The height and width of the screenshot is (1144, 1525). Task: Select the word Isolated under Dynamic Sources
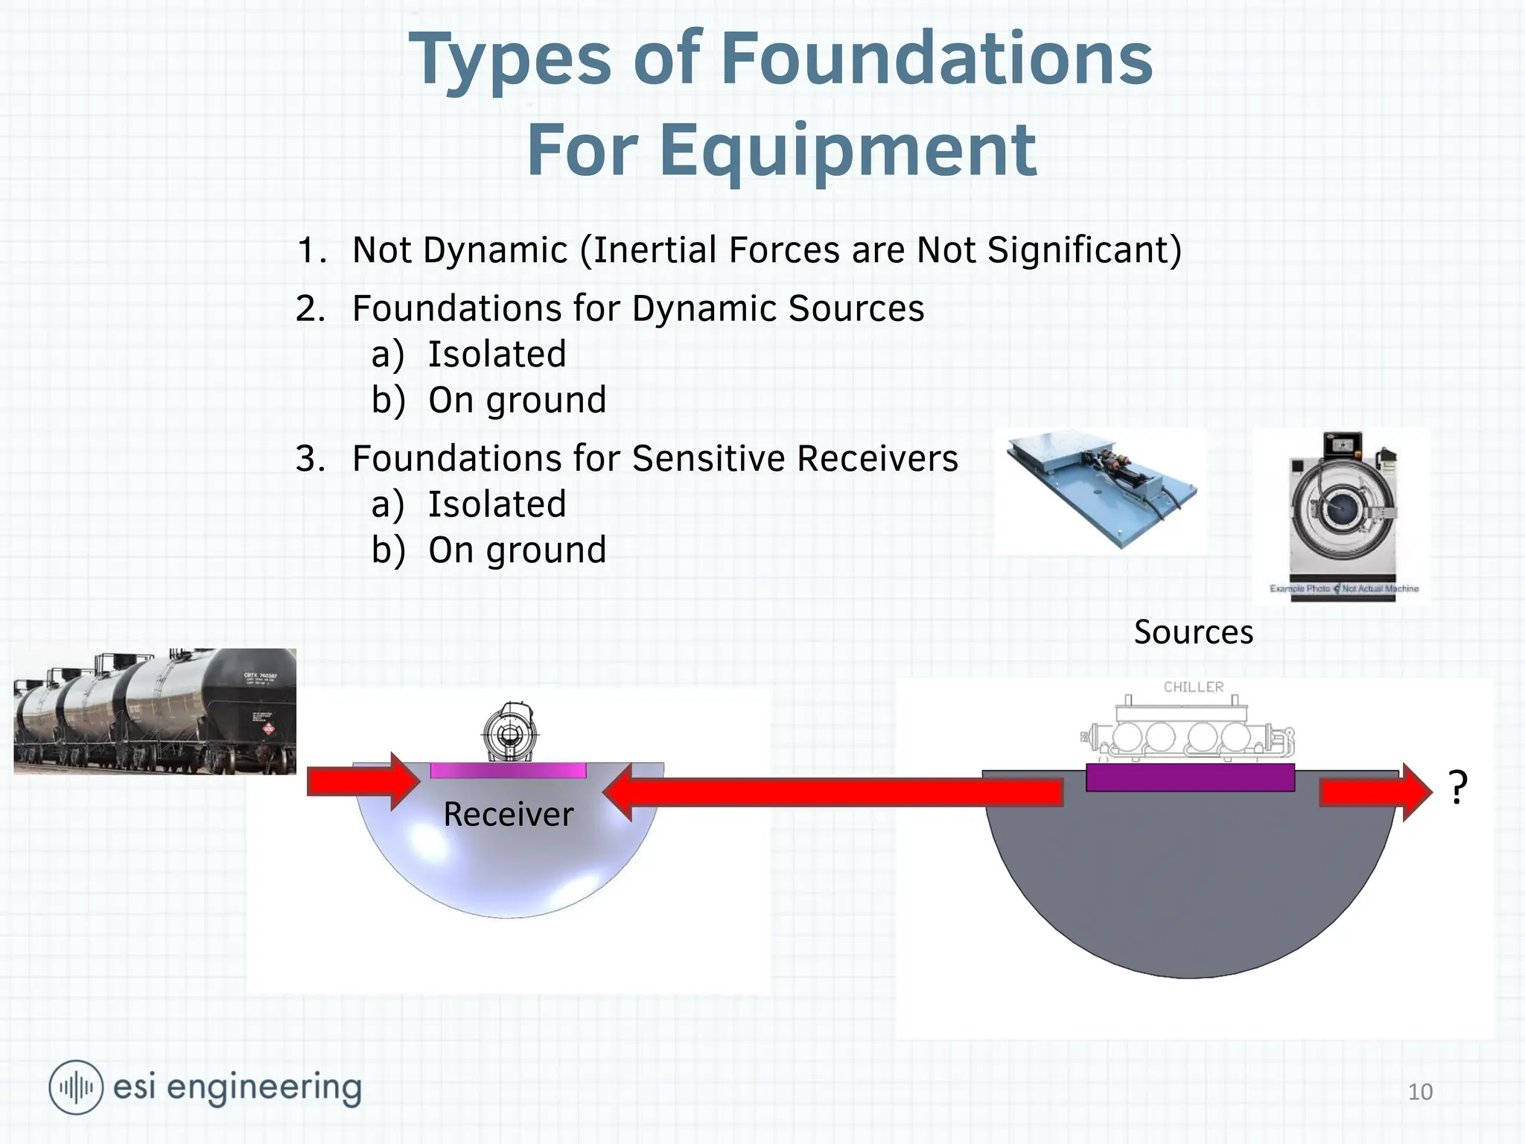click(x=497, y=354)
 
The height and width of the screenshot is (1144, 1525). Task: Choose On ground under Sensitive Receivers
click(x=517, y=550)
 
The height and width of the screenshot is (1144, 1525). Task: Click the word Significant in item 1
click(x=1083, y=250)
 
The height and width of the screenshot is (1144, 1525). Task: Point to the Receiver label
click(x=509, y=814)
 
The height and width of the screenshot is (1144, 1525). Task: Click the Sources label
click(x=1193, y=632)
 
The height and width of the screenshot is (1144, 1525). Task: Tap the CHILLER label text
click(x=1194, y=687)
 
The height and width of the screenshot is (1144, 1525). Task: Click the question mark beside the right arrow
click(x=1458, y=788)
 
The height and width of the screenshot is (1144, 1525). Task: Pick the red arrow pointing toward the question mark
click(x=1375, y=792)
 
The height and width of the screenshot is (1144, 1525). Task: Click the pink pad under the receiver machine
click(x=508, y=770)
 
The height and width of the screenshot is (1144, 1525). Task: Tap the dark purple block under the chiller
click(x=1190, y=778)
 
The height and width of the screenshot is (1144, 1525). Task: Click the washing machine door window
click(x=1343, y=506)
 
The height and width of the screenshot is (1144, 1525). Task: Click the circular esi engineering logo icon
click(x=76, y=1087)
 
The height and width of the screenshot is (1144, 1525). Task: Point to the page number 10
click(x=1420, y=1092)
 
